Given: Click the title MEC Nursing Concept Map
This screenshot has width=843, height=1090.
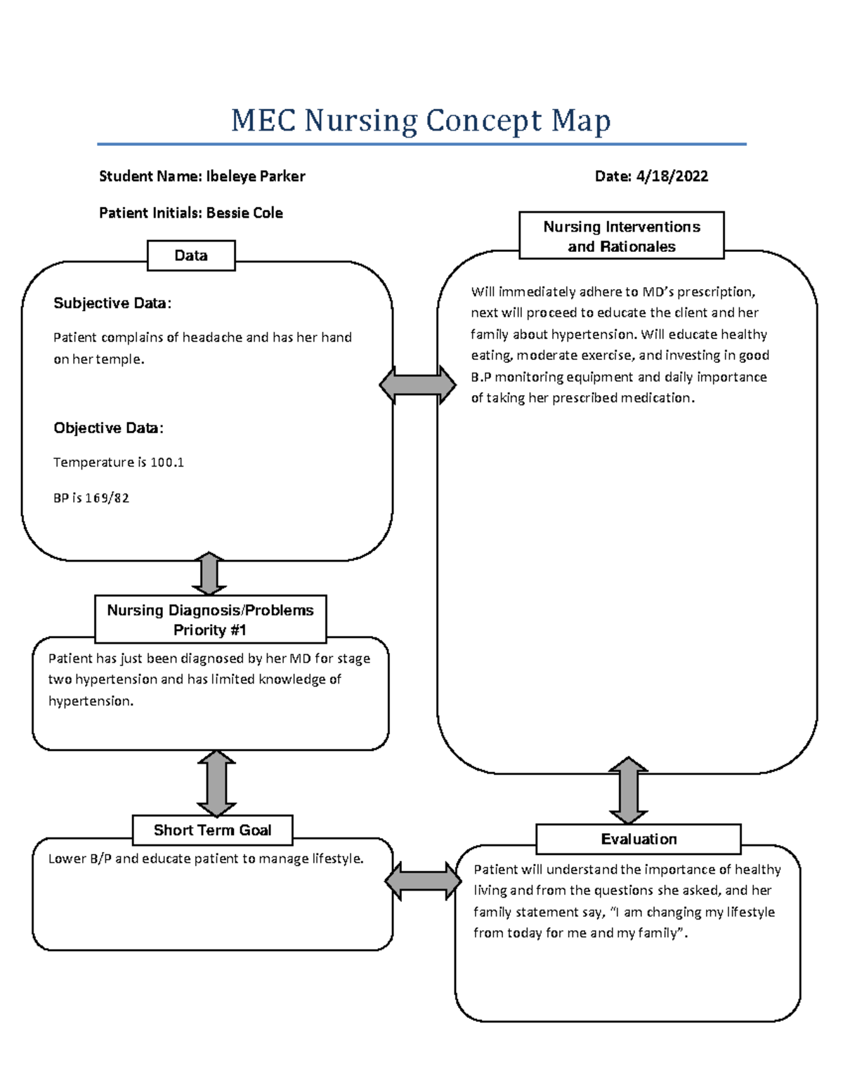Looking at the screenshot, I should (421, 121).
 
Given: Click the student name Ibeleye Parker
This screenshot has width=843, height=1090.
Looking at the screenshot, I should (255, 176).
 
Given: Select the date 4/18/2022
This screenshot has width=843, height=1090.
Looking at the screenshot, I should (672, 176).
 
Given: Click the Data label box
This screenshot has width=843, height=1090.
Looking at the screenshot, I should (191, 255).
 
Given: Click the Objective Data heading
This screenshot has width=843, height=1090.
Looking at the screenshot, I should (108, 428).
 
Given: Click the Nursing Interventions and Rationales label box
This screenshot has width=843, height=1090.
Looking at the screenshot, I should (621, 236).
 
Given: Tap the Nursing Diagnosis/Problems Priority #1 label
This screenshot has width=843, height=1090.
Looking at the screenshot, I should (210, 619).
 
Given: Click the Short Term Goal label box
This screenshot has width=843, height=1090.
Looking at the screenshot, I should (212, 830).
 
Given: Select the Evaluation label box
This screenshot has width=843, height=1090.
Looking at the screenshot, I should (638, 839).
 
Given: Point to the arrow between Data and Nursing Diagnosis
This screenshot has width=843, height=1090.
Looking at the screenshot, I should (209, 574).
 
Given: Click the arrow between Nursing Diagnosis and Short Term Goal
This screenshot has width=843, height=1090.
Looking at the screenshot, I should (216, 783).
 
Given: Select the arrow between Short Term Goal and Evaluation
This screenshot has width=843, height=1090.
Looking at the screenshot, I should (423, 881).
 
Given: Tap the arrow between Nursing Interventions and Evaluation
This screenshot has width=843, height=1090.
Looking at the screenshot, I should (628, 790).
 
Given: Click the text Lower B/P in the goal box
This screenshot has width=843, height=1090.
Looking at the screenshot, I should (79, 859).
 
